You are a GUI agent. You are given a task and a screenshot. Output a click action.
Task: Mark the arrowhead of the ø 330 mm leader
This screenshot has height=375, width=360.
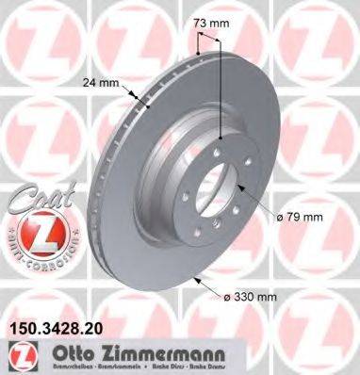(193, 279)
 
